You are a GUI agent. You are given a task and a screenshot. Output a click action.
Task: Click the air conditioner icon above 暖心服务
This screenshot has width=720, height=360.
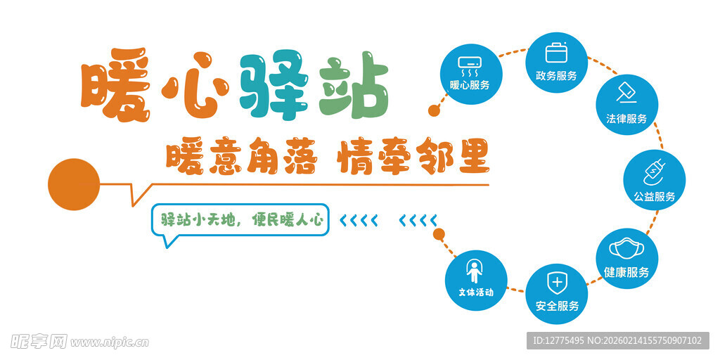[470, 65]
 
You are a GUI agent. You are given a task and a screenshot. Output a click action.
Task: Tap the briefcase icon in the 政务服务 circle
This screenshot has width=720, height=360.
[556, 53]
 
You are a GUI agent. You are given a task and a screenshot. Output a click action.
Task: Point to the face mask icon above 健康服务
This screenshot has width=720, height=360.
[626, 250]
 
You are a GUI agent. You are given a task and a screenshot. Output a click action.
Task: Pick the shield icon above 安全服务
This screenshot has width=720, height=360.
[557, 283]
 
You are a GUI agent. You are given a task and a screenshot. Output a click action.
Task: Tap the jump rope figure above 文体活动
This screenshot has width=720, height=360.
[476, 271]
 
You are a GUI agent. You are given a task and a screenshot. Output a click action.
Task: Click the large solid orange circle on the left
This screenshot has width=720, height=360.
[74, 185]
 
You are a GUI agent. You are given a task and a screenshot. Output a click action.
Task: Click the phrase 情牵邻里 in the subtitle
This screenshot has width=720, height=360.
[413, 157]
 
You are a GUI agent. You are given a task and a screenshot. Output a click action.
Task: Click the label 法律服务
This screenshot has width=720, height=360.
[626, 119]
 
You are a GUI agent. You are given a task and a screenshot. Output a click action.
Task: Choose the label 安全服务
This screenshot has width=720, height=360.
[557, 306]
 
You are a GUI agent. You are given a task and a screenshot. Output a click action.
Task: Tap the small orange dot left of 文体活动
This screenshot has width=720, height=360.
[439, 233]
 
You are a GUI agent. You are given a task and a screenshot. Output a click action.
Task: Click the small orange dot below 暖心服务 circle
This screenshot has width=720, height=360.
[434, 111]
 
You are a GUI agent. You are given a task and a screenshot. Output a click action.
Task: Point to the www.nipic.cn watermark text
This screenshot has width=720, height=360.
[110, 342]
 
